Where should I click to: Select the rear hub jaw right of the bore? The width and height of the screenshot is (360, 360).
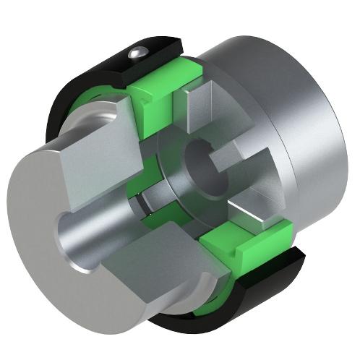click(x=246, y=181)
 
